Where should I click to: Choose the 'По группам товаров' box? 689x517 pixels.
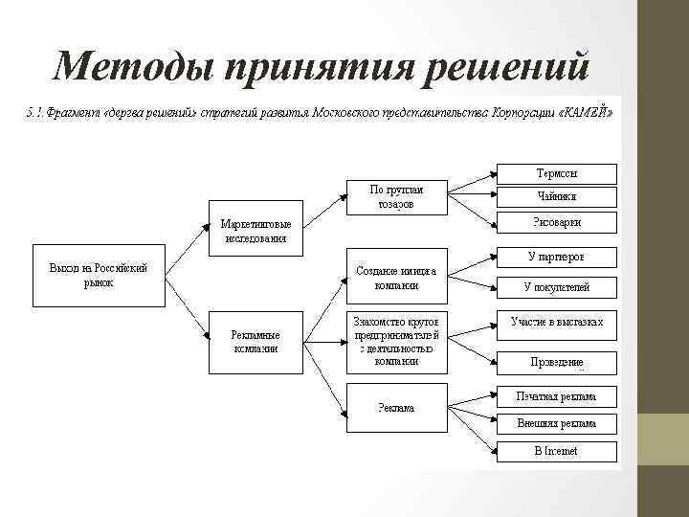396,196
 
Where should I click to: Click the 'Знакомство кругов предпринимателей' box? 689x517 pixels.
396,342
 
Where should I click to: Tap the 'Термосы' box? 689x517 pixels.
557,174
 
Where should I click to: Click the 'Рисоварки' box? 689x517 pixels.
557,222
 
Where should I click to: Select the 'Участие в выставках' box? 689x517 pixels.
557,323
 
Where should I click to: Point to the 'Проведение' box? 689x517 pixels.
557,362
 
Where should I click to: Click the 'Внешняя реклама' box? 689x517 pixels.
557,423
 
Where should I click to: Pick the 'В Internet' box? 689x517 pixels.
557,450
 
